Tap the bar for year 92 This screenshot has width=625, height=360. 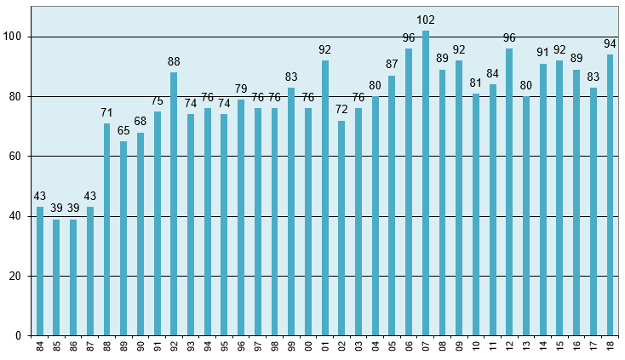(174, 204)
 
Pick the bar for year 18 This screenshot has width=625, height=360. (611, 195)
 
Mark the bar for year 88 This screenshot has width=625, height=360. (107, 230)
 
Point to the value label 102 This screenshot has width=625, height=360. (426, 20)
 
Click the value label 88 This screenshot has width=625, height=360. (174, 61)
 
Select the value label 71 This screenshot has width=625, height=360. (107, 112)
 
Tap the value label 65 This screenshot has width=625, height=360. (123, 130)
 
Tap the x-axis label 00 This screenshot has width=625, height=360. (308, 347)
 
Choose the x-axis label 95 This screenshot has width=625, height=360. (225, 347)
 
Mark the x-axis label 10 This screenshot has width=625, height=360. (476, 347)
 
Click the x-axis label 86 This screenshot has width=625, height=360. (74, 347)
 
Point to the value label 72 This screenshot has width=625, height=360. (341, 110)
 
